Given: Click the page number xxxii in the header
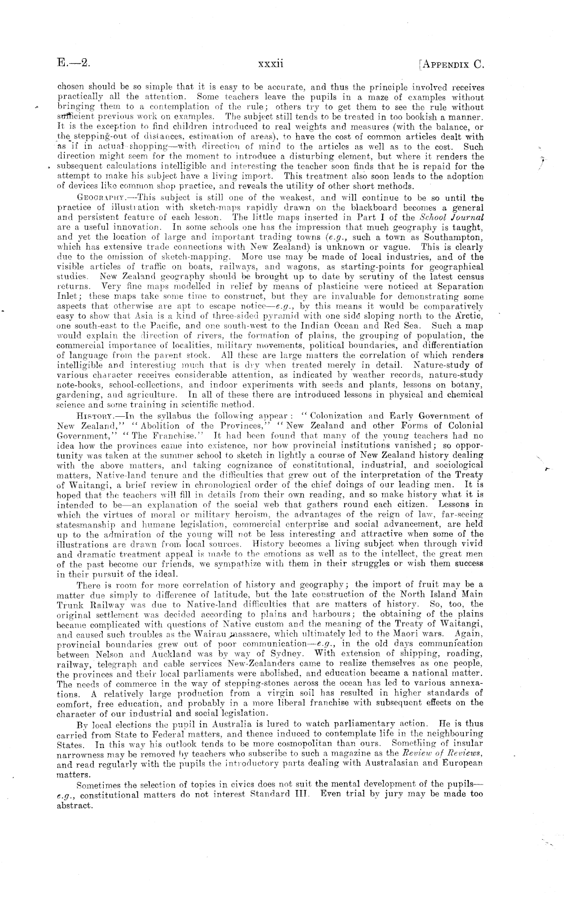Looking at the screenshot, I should [x=270, y=64].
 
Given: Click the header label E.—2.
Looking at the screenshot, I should [x=73, y=64].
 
